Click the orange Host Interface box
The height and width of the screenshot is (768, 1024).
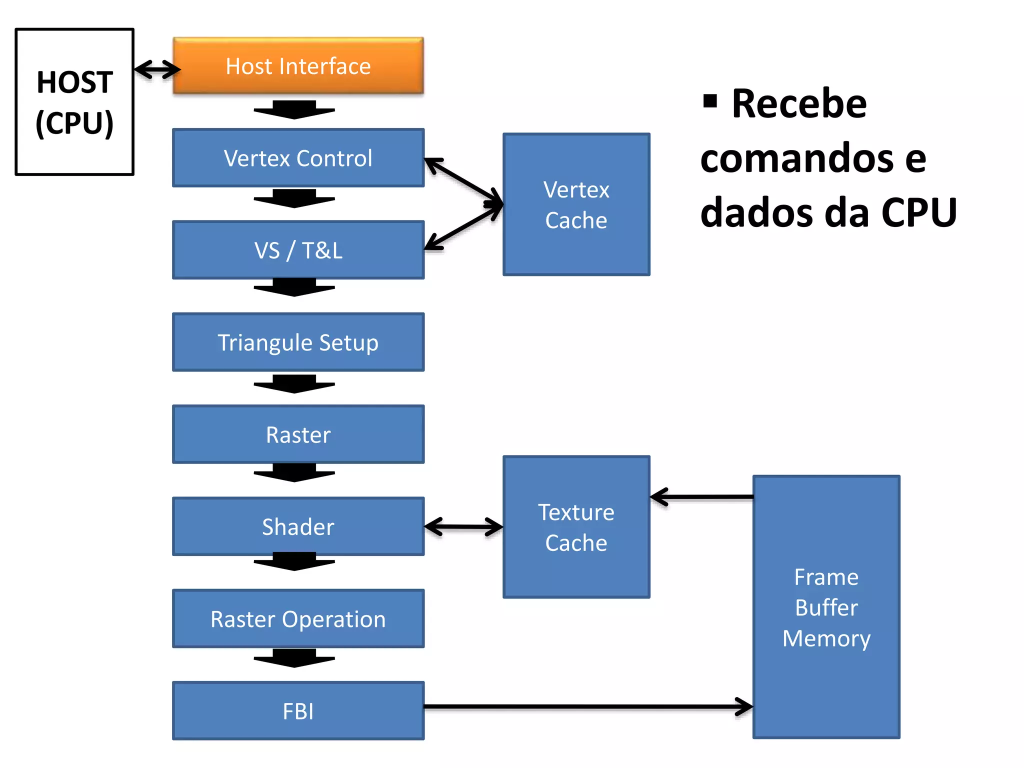coord(298,66)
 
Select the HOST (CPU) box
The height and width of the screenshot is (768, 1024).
coord(74,102)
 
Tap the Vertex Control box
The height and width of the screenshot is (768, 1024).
coord(298,158)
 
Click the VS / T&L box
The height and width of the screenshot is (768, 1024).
coord(298,250)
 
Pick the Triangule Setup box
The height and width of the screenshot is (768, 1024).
coord(298,342)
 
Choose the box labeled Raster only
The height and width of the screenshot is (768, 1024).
coord(298,434)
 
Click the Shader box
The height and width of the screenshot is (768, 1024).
coord(298,526)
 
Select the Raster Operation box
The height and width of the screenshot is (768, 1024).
coord(298,619)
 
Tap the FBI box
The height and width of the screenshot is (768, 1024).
coord(298,711)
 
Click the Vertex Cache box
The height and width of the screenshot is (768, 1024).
coord(576,204)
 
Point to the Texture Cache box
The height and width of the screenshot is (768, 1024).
coord(576,527)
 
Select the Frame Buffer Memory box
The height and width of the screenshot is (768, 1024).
coord(826,607)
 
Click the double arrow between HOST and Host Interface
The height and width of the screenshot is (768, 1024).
coord(157,69)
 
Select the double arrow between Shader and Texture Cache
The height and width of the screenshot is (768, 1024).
coord(463,526)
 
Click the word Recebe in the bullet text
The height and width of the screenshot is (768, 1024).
coord(799,103)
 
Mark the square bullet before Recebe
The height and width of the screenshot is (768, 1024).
coord(710,101)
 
